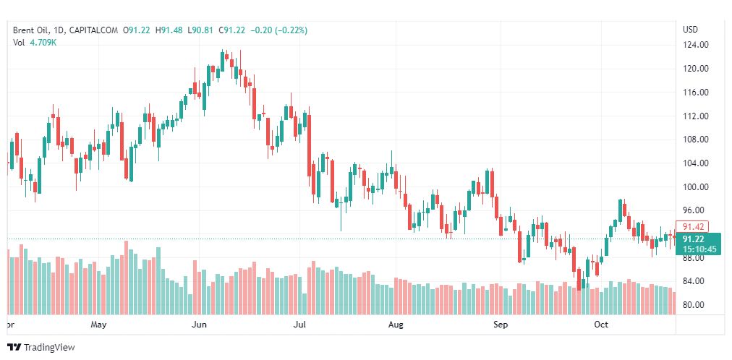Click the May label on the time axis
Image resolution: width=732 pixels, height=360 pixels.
[99, 325]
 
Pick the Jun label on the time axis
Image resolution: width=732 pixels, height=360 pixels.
[199, 325]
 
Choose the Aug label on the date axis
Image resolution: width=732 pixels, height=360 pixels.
[395, 325]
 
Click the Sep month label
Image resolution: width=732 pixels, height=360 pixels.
[501, 325]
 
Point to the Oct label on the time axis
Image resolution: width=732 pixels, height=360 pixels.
[601, 325]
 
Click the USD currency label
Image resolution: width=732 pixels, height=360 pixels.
[691, 30]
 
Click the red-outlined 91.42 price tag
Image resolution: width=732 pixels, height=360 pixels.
[692, 226]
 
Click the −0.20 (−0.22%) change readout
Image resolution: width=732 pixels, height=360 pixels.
[278, 30]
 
